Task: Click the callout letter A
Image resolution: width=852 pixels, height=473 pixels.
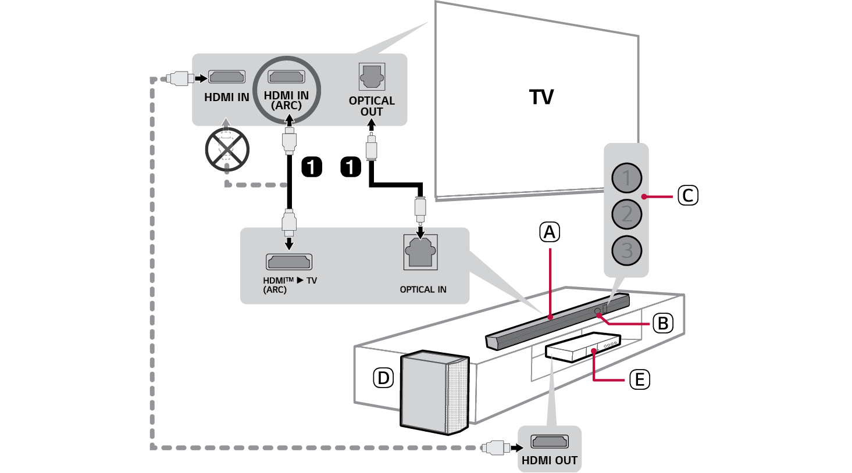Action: point(550,232)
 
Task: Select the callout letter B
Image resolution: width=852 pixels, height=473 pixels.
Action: point(662,322)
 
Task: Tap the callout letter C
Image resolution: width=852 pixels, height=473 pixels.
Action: point(687,195)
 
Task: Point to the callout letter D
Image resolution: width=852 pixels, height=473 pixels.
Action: point(383,378)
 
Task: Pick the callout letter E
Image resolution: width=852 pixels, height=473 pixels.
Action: point(639,379)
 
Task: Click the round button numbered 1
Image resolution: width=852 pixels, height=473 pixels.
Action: point(626,178)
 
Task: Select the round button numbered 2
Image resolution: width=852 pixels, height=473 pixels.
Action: point(626,214)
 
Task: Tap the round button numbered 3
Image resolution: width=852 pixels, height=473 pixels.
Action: point(626,250)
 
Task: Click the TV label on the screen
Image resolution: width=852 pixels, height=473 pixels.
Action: point(541,97)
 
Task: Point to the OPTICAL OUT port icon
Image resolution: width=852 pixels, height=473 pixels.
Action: point(372,77)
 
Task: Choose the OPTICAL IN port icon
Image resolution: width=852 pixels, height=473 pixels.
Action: point(420,252)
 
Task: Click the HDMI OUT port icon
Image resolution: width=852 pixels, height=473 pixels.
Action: point(550,442)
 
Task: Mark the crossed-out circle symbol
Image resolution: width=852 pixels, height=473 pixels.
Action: point(227,149)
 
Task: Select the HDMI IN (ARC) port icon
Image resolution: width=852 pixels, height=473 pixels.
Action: point(286,77)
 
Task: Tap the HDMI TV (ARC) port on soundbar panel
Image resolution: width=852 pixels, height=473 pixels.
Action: point(288,261)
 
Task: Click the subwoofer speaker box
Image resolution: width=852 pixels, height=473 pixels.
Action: point(433,392)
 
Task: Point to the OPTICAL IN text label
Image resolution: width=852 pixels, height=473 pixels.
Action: point(423,289)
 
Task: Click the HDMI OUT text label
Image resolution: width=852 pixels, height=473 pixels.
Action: point(550,460)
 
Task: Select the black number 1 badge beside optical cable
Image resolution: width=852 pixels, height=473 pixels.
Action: point(350,167)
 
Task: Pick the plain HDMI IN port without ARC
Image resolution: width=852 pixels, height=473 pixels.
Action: point(227,77)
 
